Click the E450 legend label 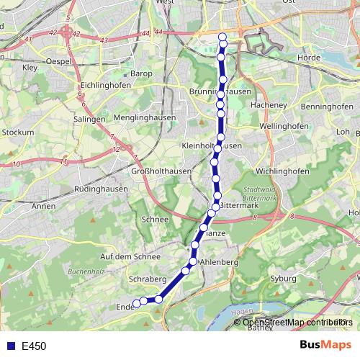click(x=34, y=346)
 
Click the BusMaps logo click(x=325, y=346)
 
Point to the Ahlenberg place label click(x=220, y=263)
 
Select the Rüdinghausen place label click(x=100, y=189)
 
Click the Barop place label click(x=139, y=73)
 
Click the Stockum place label click(x=18, y=132)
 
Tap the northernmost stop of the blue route click(x=222, y=37)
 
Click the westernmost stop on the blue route click(x=135, y=303)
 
